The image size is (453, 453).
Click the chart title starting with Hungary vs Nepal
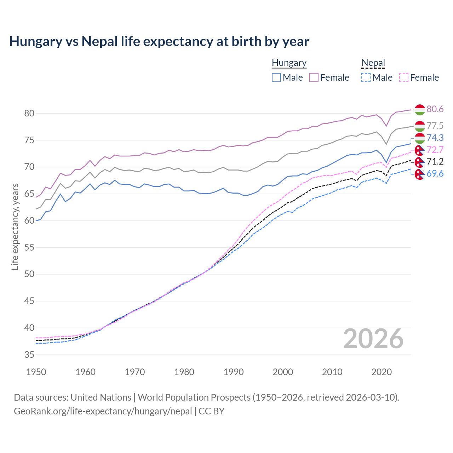coord(159,41)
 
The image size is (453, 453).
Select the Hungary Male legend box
coord(276,78)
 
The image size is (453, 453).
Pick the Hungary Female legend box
coord(314,78)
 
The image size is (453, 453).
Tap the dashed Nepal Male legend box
coord(366,78)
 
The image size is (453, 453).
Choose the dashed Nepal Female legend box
coord(403,78)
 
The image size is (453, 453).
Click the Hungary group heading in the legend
coord(289,63)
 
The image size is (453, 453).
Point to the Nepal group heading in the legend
coord(373,63)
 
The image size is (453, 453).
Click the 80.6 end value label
coord(435,109)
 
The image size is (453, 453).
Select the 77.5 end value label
coord(435,126)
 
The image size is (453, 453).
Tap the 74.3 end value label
coord(435,138)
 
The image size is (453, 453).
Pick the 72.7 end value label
coord(435,150)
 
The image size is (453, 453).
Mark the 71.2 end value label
coord(435,162)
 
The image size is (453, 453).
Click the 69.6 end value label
coord(435,173)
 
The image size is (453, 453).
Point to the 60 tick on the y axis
coord(29,220)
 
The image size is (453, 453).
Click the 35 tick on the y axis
coord(29,355)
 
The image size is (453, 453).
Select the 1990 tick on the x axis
coord(234,372)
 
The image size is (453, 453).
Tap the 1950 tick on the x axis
coord(36,372)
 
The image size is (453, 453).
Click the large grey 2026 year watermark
coord(373,339)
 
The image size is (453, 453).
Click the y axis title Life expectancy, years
coord(15,226)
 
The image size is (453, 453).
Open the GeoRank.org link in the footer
coord(103,411)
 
